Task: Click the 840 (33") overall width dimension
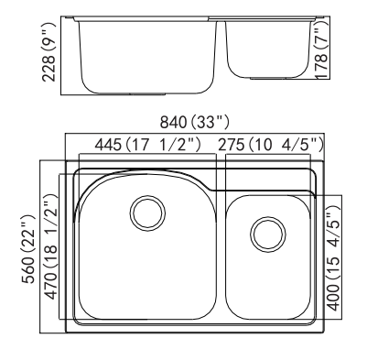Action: click(194, 123)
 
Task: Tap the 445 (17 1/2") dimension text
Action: click(148, 145)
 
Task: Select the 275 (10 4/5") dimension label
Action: click(271, 145)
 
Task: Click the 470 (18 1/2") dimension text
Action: click(51, 246)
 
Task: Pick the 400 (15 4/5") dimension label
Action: click(333, 258)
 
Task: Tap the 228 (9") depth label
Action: click(49, 52)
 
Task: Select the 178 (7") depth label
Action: click(321, 50)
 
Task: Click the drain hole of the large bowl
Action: click(147, 213)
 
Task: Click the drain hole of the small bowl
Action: click(268, 235)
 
